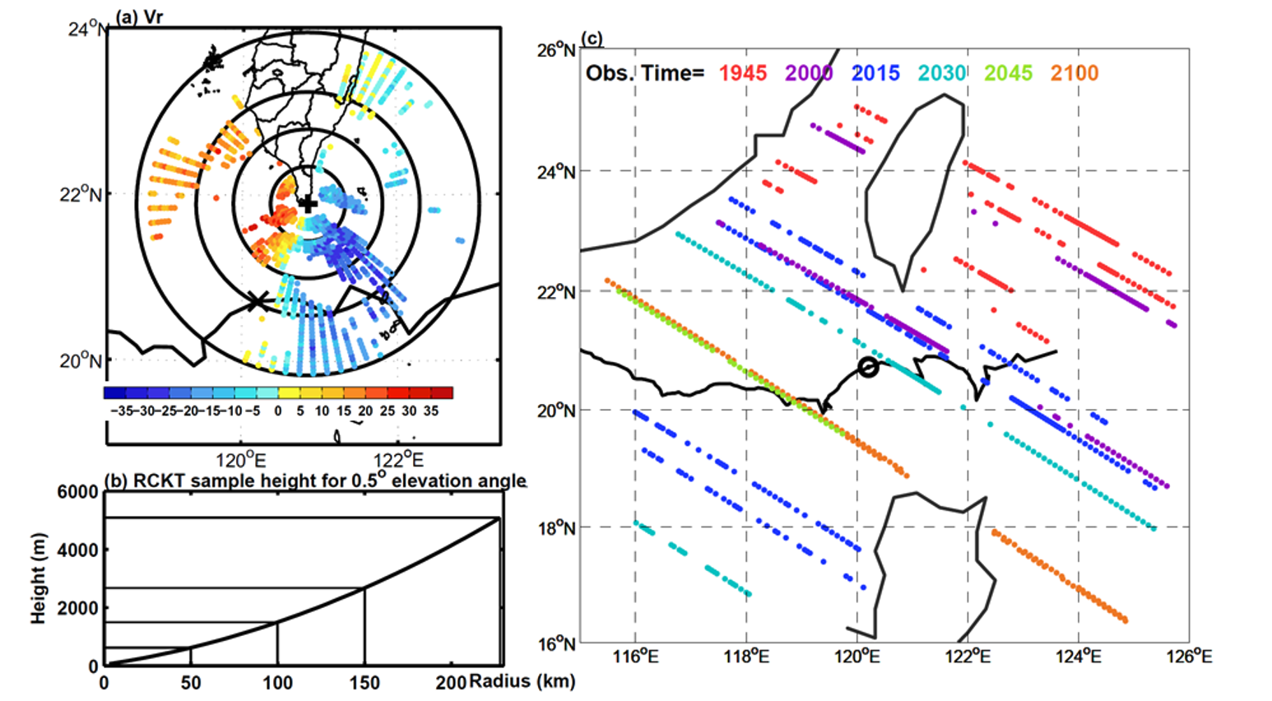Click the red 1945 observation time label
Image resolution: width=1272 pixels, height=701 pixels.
pos(743,73)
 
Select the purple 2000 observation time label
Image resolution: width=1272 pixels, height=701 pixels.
pos(809,73)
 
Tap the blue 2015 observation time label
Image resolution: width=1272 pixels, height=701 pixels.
pos(875,73)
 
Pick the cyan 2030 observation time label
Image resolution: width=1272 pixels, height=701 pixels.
pos(942,73)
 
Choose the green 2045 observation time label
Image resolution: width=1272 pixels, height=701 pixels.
pos(1008,73)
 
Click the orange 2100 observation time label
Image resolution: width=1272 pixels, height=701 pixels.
pos(1075,73)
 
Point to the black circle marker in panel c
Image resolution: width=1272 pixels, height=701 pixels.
pos(868,367)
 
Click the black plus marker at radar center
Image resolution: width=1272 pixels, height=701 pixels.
pos(308,203)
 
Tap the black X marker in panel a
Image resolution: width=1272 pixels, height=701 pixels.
pos(258,301)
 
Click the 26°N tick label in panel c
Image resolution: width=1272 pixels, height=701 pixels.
pos(557,51)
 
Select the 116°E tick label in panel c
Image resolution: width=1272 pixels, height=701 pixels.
pos(634,657)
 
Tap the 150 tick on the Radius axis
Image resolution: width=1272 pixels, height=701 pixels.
pos(364,683)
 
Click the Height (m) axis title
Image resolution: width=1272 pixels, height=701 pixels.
pos(38,578)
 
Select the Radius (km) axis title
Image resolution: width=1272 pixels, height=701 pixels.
pos(522,681)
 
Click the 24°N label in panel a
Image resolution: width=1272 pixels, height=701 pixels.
pos(87,30)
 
